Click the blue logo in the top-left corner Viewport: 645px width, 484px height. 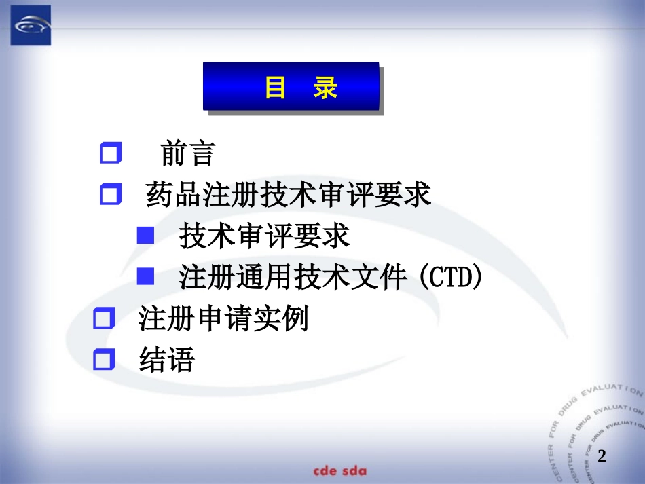(x=30, y=25)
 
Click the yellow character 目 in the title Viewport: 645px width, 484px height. (x=275, y=88)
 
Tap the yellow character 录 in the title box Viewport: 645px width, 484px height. (x=326, y=88)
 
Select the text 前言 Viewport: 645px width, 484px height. (x=187, y=153)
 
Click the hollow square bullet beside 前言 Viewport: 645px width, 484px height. (x=110, y=153)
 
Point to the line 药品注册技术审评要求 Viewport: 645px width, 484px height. (x=289, y=196)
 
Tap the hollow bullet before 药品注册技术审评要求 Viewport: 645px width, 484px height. (x=110, y=196)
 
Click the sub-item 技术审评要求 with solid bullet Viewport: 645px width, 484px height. (x=264, y=236)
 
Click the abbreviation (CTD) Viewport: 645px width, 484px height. (x=450, y=277)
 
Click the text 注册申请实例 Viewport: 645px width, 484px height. (x=223, y=318)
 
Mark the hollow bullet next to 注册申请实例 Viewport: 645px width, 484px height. (x=103, y=318)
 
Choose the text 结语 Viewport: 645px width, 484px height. (x=166, y=359)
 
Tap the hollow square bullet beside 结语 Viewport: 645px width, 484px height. (x=103, y=359)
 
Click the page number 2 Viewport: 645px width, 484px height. (x=602, y=456)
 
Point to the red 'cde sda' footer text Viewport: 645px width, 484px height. (x=339, y=471)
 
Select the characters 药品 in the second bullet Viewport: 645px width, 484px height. (x=174, y=196)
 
